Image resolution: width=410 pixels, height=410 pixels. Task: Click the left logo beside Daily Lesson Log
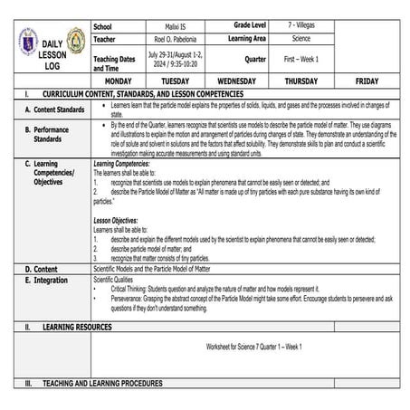(28, 42)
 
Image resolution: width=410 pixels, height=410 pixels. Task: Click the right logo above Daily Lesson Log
(76, 39)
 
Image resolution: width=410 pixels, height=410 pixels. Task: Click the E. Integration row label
(47, 281)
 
